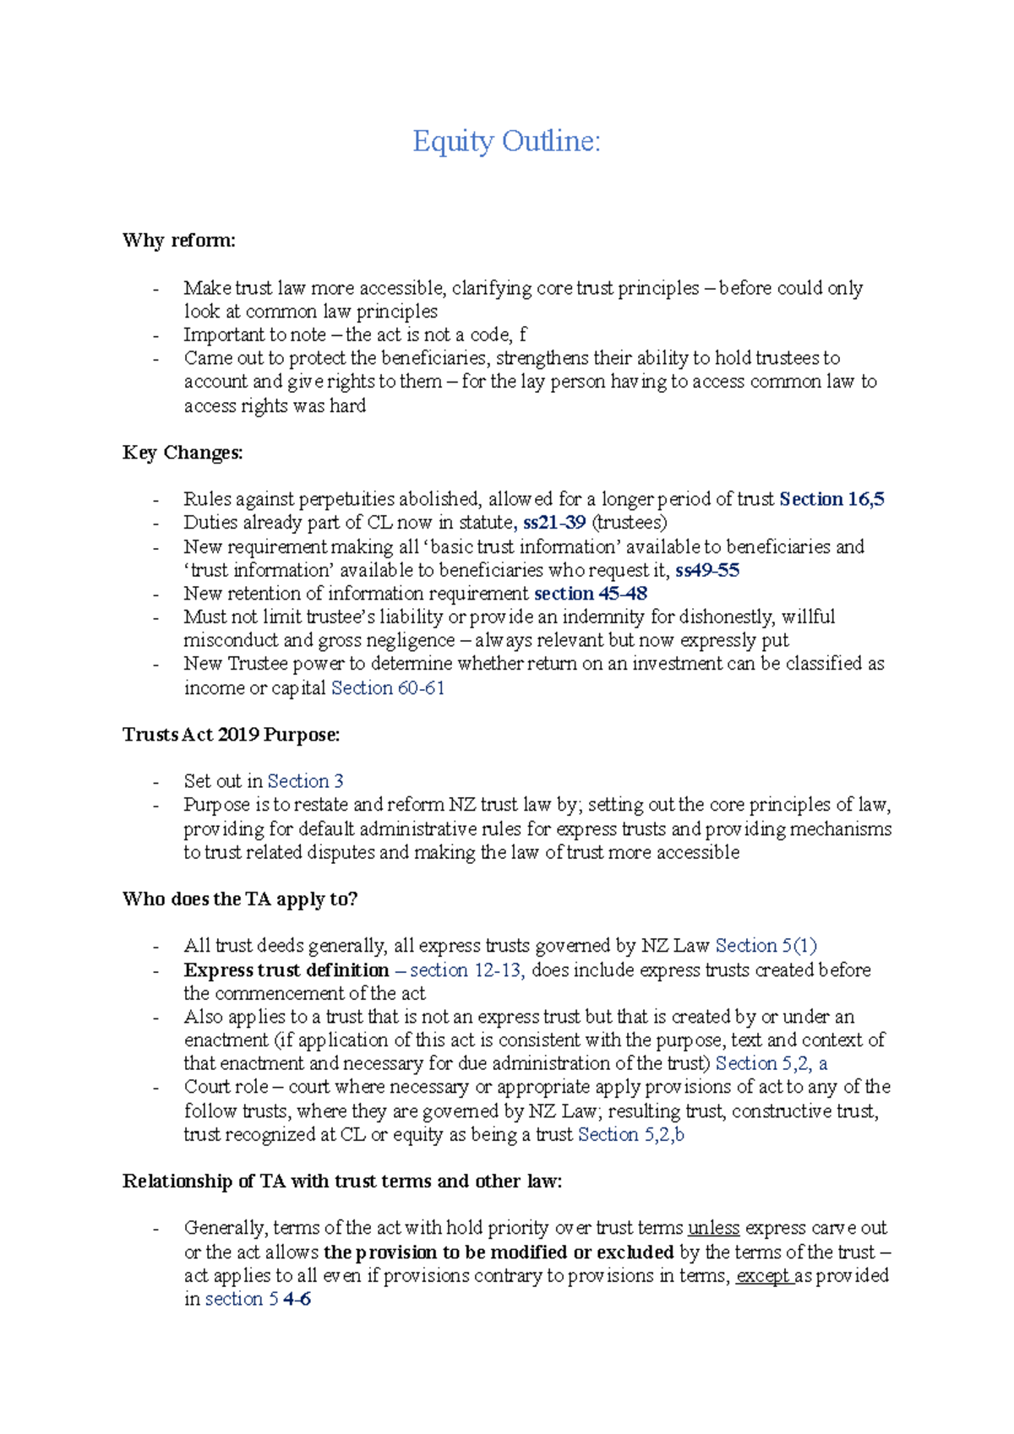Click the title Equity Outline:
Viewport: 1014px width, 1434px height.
506,141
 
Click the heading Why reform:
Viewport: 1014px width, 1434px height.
178,241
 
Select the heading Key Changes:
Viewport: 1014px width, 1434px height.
183,453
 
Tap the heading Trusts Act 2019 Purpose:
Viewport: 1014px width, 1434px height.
231,735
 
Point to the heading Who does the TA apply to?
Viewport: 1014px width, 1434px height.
240,899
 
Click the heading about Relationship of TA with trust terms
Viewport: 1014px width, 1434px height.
342,1181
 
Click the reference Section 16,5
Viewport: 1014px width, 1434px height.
831,499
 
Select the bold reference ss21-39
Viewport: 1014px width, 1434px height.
554,523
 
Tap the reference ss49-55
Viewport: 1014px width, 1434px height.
707,570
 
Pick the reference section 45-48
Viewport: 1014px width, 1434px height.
591,594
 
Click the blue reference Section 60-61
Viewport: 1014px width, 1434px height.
388,688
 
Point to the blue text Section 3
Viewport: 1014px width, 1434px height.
305,781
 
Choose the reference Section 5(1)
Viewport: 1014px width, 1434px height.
766,946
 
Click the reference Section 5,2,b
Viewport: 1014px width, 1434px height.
631,1135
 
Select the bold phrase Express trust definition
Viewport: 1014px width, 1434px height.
286,970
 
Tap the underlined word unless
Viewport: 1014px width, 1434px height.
713,1228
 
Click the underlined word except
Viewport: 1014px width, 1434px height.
763,1276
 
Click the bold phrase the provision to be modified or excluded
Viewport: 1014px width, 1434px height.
499,1252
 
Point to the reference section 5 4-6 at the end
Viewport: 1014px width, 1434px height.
258,1299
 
